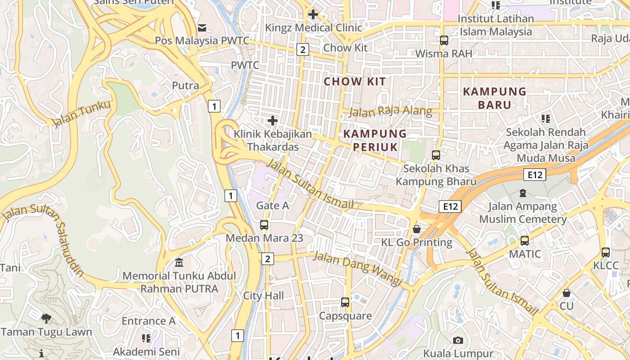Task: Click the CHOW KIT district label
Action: [x=355, y=81]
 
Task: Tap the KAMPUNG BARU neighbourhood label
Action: [x=495, y=98]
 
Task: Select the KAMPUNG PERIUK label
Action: [x=375, y=140]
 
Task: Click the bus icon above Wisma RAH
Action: [x=444, y=40]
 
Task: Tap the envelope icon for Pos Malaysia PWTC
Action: [x=202, y=28]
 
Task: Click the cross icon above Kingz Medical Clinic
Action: [x=313, y=14]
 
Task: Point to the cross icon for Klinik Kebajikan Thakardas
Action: [x=272, y=121]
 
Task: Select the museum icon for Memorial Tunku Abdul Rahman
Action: [x=179, y=262]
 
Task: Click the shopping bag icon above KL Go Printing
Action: [x=417, y=229]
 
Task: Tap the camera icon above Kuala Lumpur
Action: [x=458, y=340]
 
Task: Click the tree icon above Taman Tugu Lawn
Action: [x=46, y=319]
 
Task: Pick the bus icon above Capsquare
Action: [x=345, y=302]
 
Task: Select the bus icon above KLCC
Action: [x=606, y=252]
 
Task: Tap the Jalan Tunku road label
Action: [x=81, y=114]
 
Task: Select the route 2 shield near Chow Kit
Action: [x=303, y=50]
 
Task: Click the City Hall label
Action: [x=263, y=296]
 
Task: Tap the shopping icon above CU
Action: [x=567, y=293]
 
